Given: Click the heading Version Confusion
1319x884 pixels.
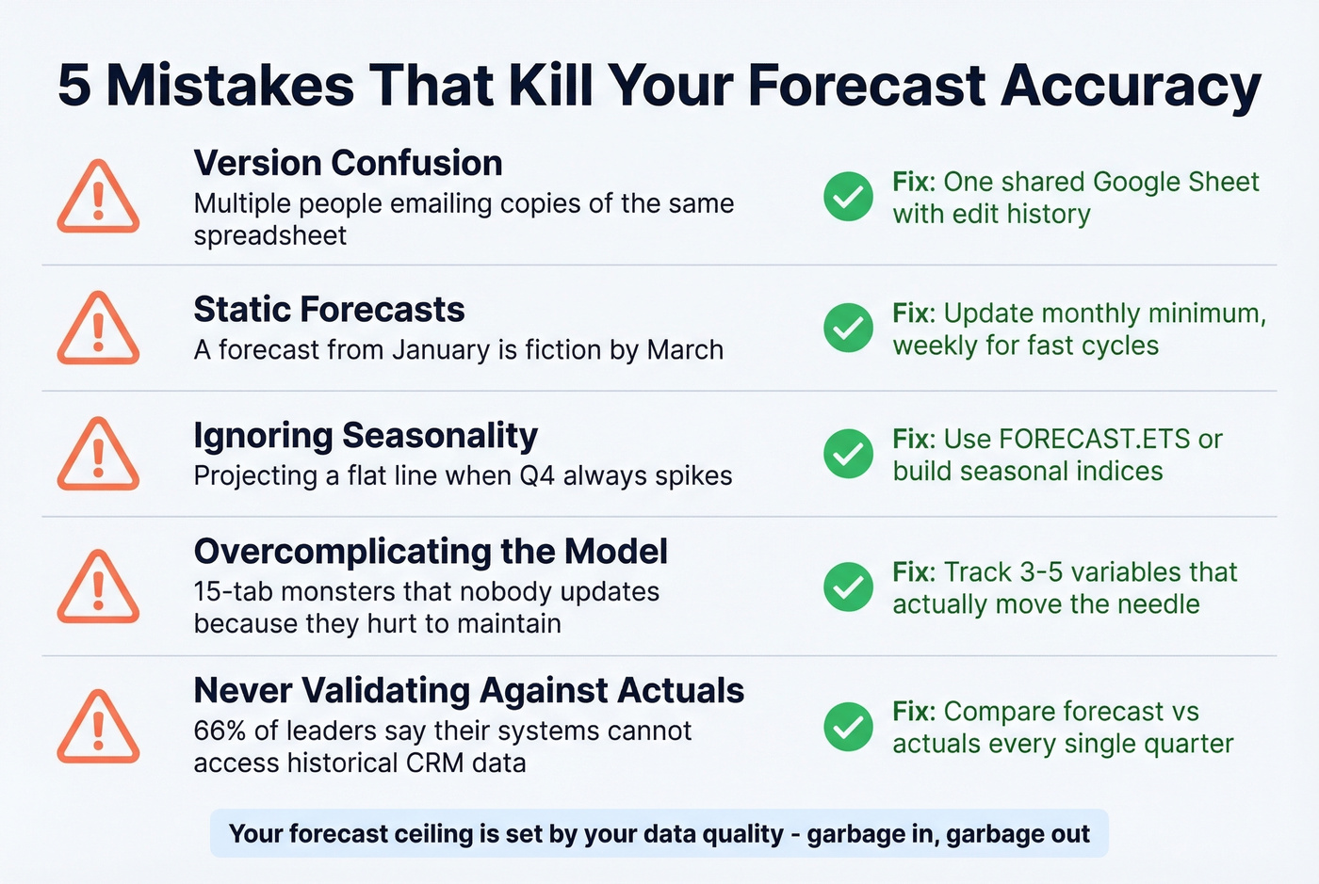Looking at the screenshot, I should (348, 163).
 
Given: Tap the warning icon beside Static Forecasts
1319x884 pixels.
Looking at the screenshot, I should (98, 329).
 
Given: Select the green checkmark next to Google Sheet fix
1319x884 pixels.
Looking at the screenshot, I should (848, 197).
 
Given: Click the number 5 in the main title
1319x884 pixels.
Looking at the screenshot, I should (74, 86).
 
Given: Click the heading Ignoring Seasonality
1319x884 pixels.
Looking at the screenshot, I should (366, 436).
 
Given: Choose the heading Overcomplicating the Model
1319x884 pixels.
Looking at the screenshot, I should (431, 552).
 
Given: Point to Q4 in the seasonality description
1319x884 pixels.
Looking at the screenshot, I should (537, 475).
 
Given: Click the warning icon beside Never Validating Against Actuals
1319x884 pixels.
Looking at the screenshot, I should (98, 727).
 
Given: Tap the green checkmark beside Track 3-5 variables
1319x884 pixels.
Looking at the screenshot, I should (848, 587).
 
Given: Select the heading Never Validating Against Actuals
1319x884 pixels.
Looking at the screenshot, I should (468, 691).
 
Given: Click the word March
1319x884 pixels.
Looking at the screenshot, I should (685, 350).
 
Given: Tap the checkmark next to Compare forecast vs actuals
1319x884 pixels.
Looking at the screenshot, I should (848, 727).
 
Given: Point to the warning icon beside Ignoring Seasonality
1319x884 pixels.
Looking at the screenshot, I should (98, 455).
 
